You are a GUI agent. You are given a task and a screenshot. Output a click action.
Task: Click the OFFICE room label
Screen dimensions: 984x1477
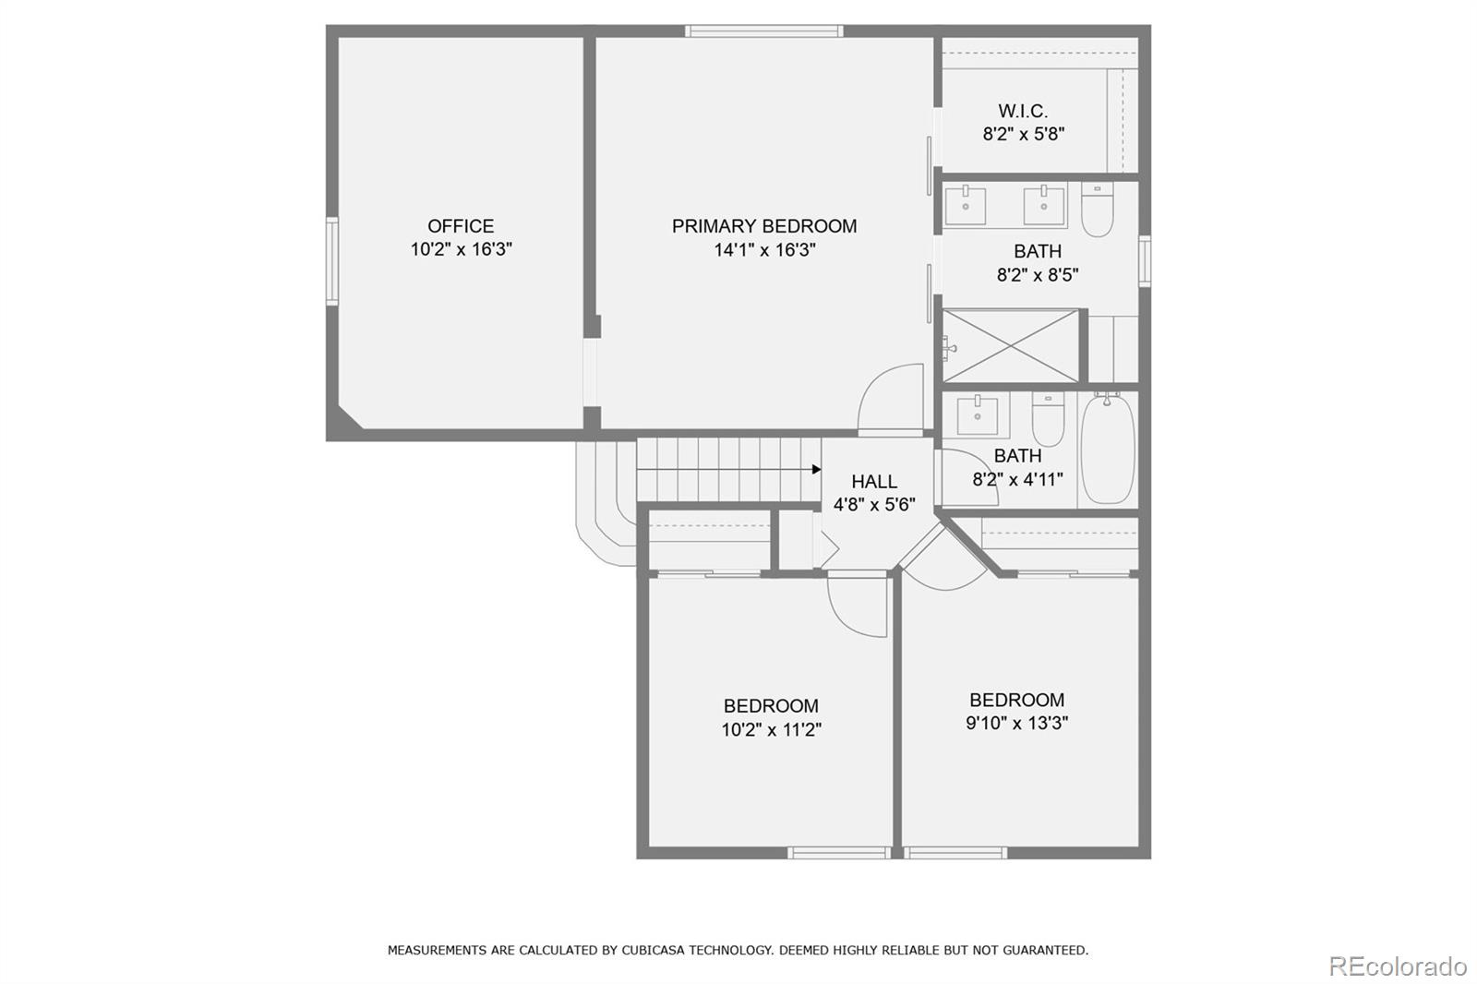pos(461,226)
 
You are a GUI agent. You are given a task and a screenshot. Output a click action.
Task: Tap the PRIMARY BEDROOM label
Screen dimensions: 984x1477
pos(763,226)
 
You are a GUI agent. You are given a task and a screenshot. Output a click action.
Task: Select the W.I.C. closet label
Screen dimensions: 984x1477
pos(1023,112)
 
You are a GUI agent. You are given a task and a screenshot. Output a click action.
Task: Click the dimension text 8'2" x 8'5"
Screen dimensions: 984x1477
pos(1038,275)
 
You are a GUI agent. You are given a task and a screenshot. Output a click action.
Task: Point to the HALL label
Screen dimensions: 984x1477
pos(873,482)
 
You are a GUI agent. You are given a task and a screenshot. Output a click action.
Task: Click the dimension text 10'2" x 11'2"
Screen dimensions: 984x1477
pos(771,730)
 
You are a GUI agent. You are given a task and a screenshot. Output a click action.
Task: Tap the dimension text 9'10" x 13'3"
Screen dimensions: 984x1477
pos(1016,724)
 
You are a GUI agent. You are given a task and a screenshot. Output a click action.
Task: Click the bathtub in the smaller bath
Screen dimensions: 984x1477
pos(1107,450)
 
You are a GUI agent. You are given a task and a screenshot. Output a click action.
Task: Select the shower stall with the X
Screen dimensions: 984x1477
pos(1011,346)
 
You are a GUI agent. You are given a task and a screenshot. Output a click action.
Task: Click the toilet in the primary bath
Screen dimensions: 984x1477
pos(1097,210)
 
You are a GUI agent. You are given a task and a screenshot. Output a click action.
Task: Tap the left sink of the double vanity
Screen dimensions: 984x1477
pos(966,205)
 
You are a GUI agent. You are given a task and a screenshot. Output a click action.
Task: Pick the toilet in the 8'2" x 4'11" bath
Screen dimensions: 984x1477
pos(1048,420)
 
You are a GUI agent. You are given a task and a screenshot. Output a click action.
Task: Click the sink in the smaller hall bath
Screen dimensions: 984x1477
pos(977,415)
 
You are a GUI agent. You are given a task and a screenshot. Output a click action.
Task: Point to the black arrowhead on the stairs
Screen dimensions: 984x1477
pos(816,470)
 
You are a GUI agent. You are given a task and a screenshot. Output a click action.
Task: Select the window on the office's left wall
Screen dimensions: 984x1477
pos(331,261)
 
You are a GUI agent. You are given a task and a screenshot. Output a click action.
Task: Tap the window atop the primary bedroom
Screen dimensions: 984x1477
pos(763,31)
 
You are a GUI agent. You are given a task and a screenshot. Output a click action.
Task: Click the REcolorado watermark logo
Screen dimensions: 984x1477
pos(1397,966)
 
